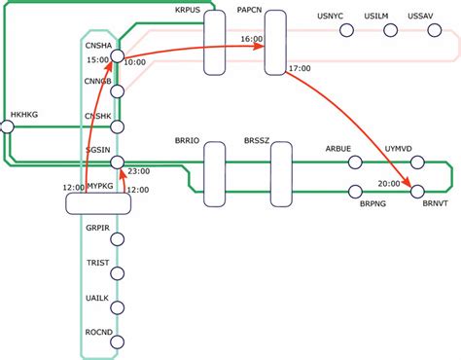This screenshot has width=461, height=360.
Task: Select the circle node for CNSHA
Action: click(x=117, y=57)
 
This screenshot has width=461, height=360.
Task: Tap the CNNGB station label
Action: click(x=97, y=82)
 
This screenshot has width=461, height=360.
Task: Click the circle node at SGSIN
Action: click(x=117, y=162)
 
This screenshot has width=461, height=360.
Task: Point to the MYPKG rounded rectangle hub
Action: click(x=97, y=203)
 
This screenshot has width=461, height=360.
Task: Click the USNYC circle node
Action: click(x=346, y=31)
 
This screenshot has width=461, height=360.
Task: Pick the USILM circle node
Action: click(x=391, y=31)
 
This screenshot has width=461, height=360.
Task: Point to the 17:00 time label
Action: click(x=301, y=69)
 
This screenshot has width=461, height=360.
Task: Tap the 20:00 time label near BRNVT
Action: click(x=388, y=183)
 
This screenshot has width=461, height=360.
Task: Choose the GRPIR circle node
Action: click(x=117, y=238)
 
